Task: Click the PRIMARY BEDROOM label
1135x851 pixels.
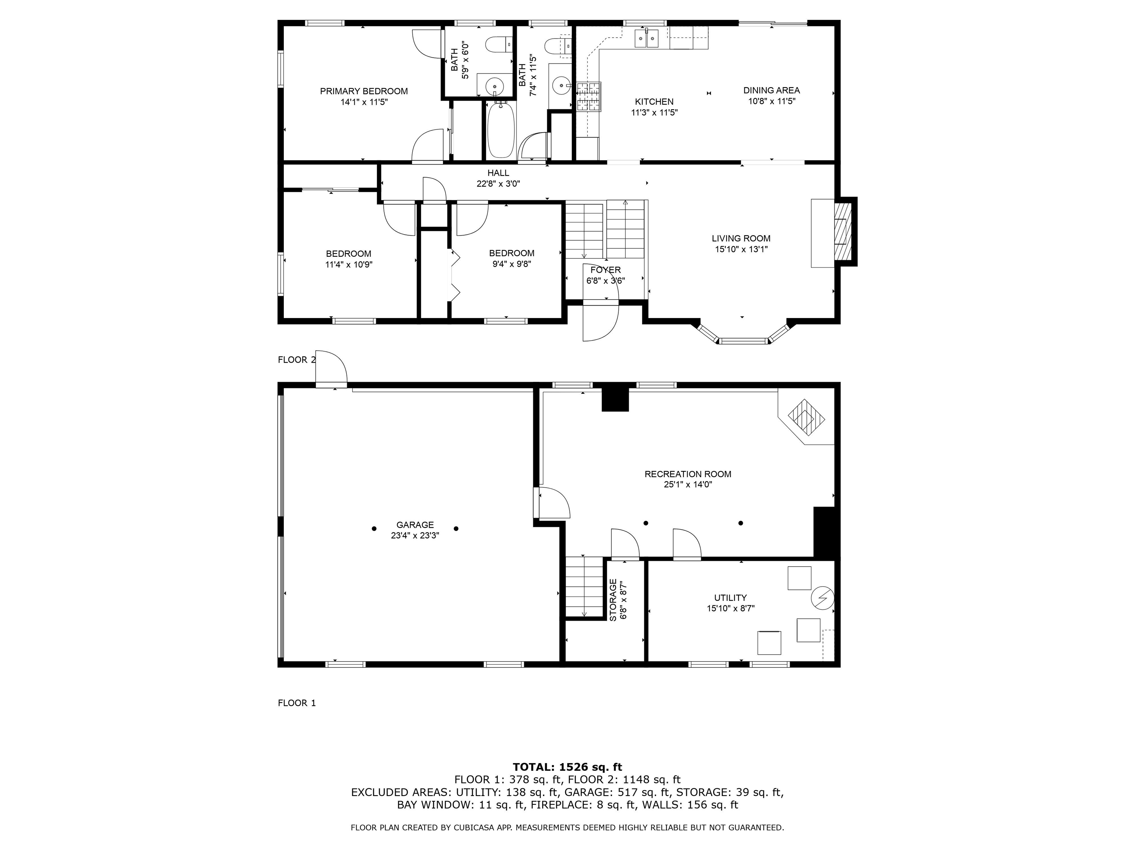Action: pyautogui.click(x=364, y=91)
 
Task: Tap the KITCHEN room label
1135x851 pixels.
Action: pyautogui.click(x=654, y=102)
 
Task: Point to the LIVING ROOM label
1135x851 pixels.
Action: pyautogui.click(x=741, y=239)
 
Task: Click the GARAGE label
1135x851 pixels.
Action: pyautogui.click(x=415, y=525)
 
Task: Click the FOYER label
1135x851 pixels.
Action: pyautogui.click(x=606, y=270)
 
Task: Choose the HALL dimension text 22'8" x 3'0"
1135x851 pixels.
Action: pyautogui.click(x=498, y=184)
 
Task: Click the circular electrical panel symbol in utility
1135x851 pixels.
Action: pyautogui.click(x=822, y=598)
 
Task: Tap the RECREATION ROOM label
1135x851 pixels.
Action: pyautogui.click(x=688, y=474)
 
